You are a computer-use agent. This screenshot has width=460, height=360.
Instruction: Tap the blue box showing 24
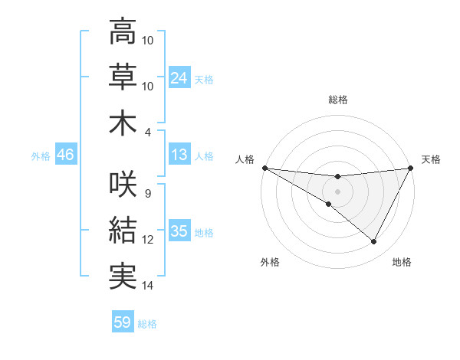coord(179,78)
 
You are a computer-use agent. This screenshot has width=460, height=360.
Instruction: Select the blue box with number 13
coord(179,155)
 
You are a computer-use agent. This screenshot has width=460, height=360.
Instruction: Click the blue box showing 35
coord(179,231)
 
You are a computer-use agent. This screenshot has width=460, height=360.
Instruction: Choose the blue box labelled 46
coord(66,155)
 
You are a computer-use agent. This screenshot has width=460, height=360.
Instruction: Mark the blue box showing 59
coord(123,323)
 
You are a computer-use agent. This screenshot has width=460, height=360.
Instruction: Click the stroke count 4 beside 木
coord(149,133)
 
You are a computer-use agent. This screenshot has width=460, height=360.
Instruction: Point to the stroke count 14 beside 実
coord(148,286)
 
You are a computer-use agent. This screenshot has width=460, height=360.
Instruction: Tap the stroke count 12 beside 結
coord(148,240)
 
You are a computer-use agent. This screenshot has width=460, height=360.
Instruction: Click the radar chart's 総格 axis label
coord(338,100)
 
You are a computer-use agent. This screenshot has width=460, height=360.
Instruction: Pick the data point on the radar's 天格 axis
coord(411,168)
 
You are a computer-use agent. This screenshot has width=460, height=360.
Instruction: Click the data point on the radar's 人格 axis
coord(264,168)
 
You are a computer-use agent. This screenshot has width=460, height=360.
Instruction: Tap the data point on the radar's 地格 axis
coord(374,242)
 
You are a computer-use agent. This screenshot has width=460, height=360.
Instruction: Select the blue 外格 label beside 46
coord(41,156)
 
